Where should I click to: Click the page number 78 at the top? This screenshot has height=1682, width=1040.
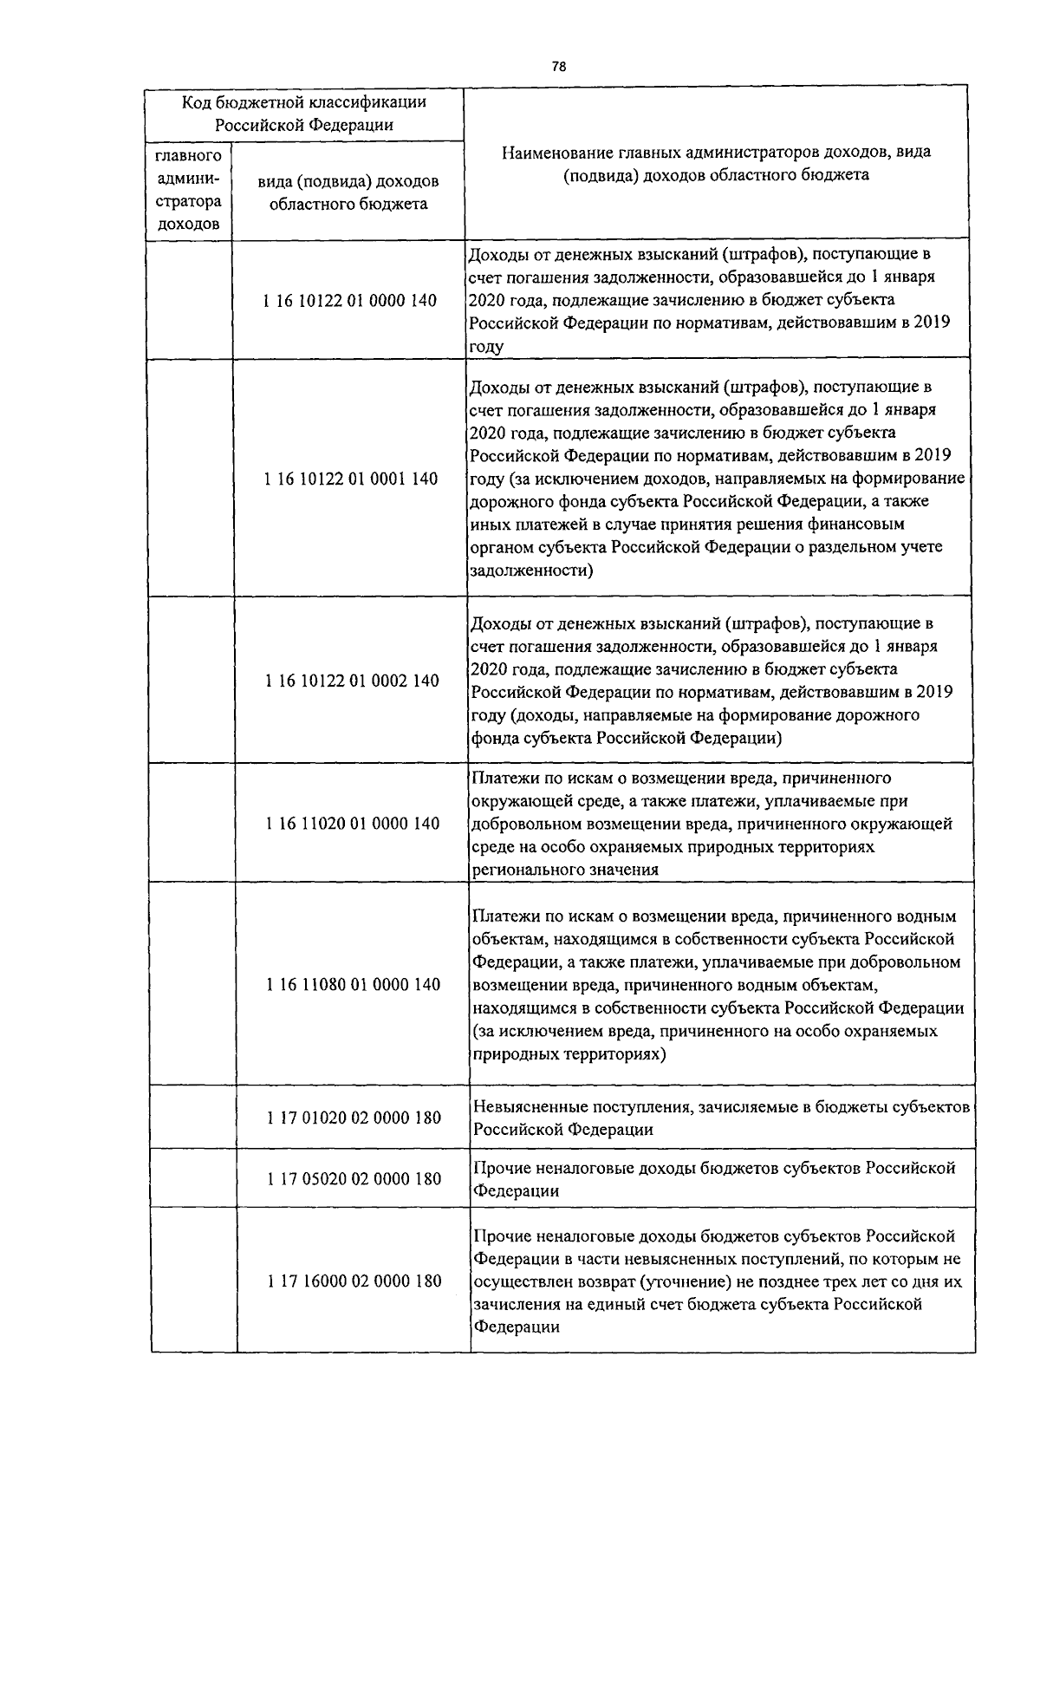(x=558, y=67)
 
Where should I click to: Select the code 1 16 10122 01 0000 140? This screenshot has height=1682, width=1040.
(x=348, y=301)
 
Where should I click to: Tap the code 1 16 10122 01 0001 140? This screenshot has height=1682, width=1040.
(x=349, y=479)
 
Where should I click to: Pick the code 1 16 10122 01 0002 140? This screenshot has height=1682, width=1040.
(x=351, y=681)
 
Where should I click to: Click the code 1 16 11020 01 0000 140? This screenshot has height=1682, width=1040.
(x=352, y=824)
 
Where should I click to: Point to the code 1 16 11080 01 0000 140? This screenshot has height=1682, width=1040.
(x=353, y=984)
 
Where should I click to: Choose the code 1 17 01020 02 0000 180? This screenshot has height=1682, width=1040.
(x=354, y=1118)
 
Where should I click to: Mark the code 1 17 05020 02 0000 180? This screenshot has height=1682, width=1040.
(x=354, y=1179)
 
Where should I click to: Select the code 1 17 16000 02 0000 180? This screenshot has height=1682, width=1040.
(x=354, y=1281)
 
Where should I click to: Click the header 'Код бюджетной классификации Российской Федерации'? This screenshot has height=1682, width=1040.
(x=304, y=113)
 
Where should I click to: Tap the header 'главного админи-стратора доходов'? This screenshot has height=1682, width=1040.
(x=188, y=190)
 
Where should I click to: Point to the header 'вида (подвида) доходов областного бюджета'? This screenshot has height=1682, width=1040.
(x=348, y=192)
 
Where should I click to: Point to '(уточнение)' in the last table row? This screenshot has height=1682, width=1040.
(x=687, y=1281)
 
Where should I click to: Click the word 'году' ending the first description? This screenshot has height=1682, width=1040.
(x=485, y=347)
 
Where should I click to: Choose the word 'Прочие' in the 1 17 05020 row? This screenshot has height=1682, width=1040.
(x=500, y=1168)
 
